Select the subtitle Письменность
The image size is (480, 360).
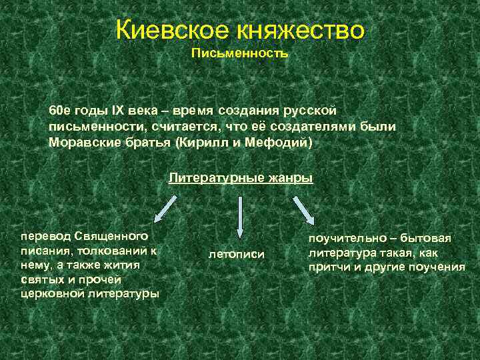click(240, 53)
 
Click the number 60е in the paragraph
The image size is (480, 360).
click(59, 109)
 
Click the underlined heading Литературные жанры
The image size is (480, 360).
click(240, 179)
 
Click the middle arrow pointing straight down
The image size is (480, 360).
click(239, 213)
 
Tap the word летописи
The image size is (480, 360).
click(237, 254)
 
